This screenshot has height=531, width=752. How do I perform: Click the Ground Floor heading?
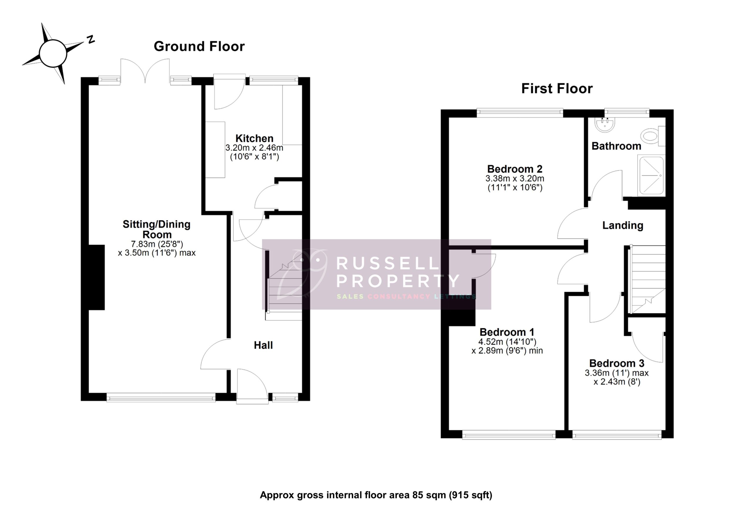[199, 46]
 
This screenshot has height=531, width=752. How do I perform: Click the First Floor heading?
[557, 89]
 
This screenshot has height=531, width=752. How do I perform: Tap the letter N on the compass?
[91, 40]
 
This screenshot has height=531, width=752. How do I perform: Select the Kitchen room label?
[254, 138]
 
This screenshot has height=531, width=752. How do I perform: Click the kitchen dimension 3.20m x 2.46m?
[254, 148]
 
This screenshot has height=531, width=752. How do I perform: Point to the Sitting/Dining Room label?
[157, 229]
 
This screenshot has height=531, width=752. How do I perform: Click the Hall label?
[263, 345]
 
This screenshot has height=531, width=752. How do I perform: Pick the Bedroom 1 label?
[507, 332]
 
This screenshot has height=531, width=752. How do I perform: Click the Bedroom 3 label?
[616, 363]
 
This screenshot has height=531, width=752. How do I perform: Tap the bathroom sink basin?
[605, 125]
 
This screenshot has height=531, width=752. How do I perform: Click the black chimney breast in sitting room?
[97, 277]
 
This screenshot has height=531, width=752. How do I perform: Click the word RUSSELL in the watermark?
[387, 263]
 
